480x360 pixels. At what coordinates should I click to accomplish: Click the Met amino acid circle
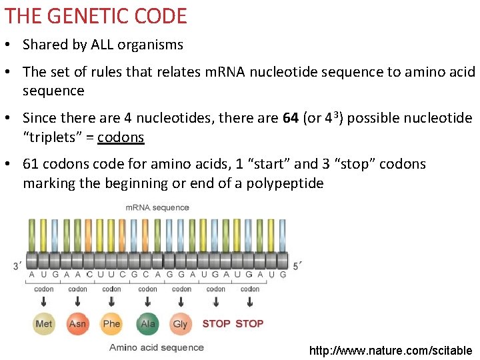tap(44, 324)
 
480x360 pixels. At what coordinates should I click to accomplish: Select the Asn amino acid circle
tap(78, 324)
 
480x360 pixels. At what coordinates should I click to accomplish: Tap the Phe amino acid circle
tap(111, 324)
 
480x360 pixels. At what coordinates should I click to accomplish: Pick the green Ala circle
tap(148, 324)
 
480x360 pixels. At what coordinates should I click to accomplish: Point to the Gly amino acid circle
tap(181, 324)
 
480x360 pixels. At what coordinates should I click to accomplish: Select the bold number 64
tap(290, 118)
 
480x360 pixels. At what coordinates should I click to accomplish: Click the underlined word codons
tap(121, 137)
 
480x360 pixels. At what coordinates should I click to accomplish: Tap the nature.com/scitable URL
tap(391, 350)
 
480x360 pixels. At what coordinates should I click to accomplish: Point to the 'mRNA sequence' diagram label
tap(157, 207)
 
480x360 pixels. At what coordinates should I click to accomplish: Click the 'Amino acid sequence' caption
tap(157, 347)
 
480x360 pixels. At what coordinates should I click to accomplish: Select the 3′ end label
tap(18, 267)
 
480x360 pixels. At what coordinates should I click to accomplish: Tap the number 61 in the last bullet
tap(31, 164)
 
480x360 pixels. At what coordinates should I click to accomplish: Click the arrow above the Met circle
tap(44, 303)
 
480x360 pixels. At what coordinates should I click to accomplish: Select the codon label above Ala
tap(148, 289)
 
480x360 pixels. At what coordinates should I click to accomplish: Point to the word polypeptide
tap(281, 183)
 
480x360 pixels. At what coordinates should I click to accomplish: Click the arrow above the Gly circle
tap(181, 303)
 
